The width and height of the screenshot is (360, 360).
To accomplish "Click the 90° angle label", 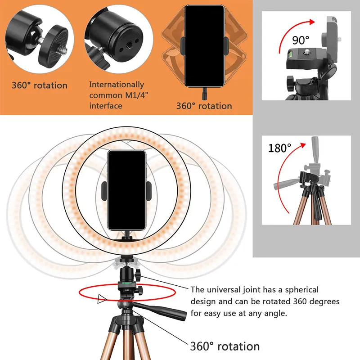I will tap(301, 40).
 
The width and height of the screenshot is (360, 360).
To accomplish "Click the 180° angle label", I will tap(279, 148).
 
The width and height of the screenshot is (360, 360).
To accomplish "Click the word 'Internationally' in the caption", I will tap(117, 85).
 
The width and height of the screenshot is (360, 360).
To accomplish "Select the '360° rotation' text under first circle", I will tap(39, 85).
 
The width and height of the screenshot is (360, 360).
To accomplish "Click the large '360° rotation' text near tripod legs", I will tap(225, 346).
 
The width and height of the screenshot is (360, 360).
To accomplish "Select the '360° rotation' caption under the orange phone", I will tap(204, 106).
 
